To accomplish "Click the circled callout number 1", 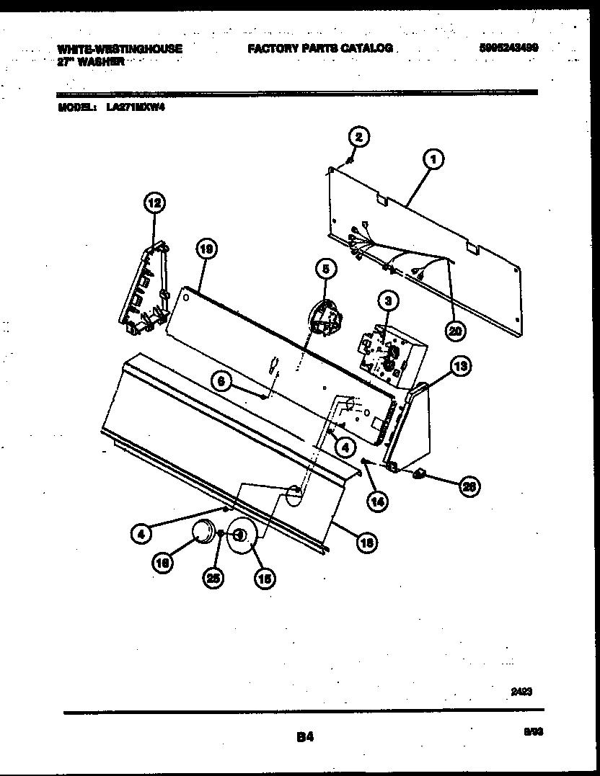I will click(x=433, y=159).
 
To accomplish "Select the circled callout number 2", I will click(x=359, y=137).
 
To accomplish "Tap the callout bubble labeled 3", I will click(x=387, y=300).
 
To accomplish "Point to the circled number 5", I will click(x=325, y=269).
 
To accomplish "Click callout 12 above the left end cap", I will click(x=153, y=204).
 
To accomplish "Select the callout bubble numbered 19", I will click(x=207, y=249).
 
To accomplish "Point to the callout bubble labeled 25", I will click(x=213, y=576).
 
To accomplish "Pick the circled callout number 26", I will click(x=469, y=486).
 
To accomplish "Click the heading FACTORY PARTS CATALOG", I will click(x=320, y=48).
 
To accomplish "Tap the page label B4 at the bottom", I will click(x=304, y=736).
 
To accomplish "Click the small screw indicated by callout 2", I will click(x=350, y=159).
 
